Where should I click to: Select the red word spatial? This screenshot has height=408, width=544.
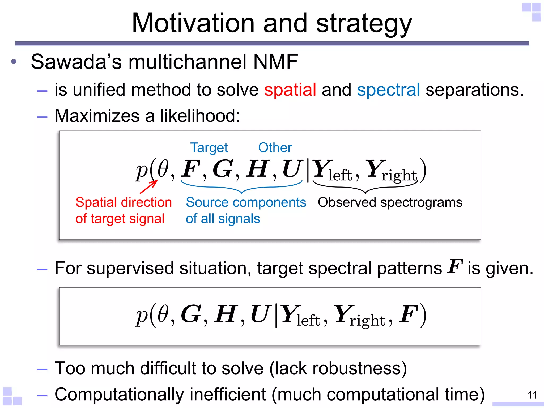[x=290, y=90]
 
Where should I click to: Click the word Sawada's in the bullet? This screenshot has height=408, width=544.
[x=76, y=62]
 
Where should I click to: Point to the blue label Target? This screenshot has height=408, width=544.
[x=209, y=148]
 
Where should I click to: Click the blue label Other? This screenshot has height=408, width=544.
[x=275, y=148]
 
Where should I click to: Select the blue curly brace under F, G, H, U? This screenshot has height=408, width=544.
[x=241, y=188]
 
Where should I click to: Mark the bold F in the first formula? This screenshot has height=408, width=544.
[x=190, y=169]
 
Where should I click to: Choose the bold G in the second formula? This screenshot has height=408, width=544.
[x=191, y=314]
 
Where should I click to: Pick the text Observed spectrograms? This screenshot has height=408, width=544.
[x=390, y=202]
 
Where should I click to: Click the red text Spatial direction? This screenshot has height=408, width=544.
[x=124, y=202]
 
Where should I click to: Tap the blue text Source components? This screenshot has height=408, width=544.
[x=246, y=202]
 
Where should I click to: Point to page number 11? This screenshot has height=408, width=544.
[x=532, y=395]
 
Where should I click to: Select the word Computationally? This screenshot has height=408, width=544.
[x=119, y=394]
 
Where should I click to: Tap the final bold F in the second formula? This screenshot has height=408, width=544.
[x=409, y=314]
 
